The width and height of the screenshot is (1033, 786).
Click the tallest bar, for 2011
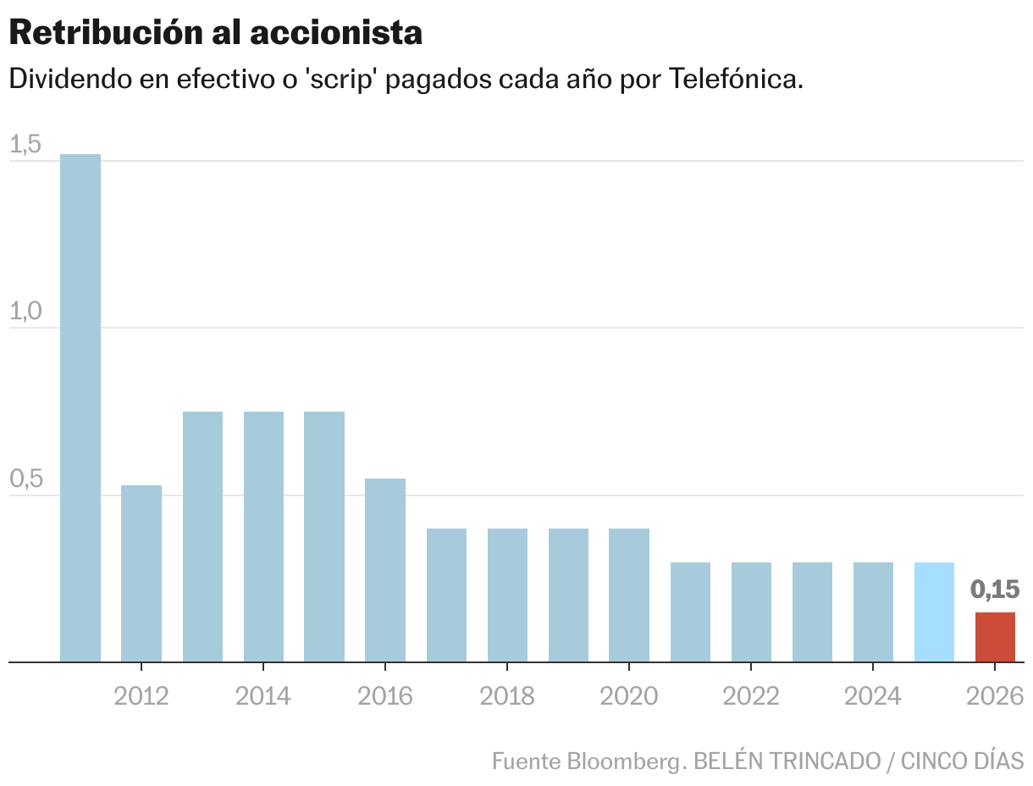pyautogui.click(x=80, y=407)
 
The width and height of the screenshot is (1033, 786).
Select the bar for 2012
pyautogui.click(x=141, y=573)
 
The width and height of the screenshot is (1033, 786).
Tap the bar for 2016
pyautogui.click(x=385, y=570)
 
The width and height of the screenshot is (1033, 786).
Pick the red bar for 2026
pyautogui.click(x=995, y=637)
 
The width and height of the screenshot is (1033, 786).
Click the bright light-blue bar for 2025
pyautogui.click(x=934, y=612)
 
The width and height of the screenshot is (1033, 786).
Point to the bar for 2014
pyautogui.click(x=263, y=536)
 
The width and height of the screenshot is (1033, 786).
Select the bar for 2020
pyautogui.click(x=629, y=595)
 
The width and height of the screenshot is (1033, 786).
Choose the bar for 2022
pyautogui.click(x=751, y=612)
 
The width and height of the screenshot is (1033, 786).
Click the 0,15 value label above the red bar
pyautogui.click(x=995, y=589)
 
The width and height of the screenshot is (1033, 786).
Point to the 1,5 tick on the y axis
pyautogui.click(x=25, y=145)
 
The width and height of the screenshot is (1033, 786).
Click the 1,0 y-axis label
pyautogui.click(x=25, y=312)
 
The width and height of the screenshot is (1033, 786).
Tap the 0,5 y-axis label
pyautogui.click(x=25, y=479)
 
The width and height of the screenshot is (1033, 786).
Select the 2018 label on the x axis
pyautogui.click(x=507, y=696)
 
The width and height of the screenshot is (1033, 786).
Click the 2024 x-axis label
pyautogui.click(x=873, y=696)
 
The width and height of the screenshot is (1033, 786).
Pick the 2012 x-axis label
pyautogui.click(x=141, y=696)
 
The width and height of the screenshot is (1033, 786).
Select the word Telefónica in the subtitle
pyautogui.click(x=735, y=80)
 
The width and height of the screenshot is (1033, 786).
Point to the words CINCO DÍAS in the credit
pyautogui.click(x=962, y=761)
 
